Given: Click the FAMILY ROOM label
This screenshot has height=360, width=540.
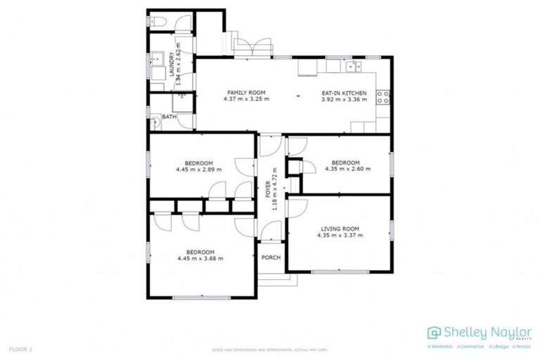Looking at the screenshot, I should (245, 93).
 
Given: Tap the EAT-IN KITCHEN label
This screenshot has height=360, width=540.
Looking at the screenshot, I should (345, 93).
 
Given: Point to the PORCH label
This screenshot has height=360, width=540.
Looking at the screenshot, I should (271, 257).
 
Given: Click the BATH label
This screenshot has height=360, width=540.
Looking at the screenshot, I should (169, 117).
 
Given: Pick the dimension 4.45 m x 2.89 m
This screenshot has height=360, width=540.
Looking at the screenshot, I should (199, 169).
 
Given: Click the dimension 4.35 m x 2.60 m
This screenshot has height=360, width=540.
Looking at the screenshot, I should (345, 169).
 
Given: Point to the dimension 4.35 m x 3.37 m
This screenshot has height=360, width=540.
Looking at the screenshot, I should (340, 236).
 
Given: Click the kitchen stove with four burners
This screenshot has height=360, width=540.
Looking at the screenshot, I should (384, 96).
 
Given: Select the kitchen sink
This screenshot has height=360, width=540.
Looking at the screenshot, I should (353, 67).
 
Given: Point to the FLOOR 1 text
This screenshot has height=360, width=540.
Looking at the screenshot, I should (21, 349).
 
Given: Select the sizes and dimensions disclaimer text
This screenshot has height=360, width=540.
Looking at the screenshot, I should (269, 349).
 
